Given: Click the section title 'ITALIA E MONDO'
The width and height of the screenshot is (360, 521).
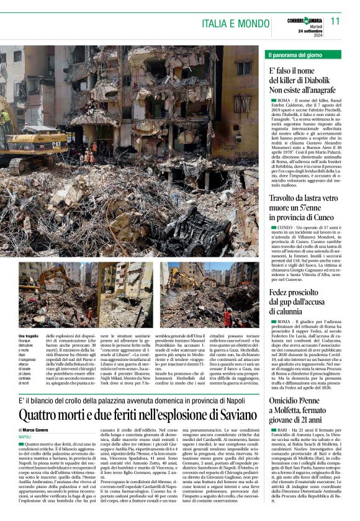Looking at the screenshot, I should tap(236, 23).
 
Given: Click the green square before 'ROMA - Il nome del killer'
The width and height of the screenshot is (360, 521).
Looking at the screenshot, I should tap(274, 100).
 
